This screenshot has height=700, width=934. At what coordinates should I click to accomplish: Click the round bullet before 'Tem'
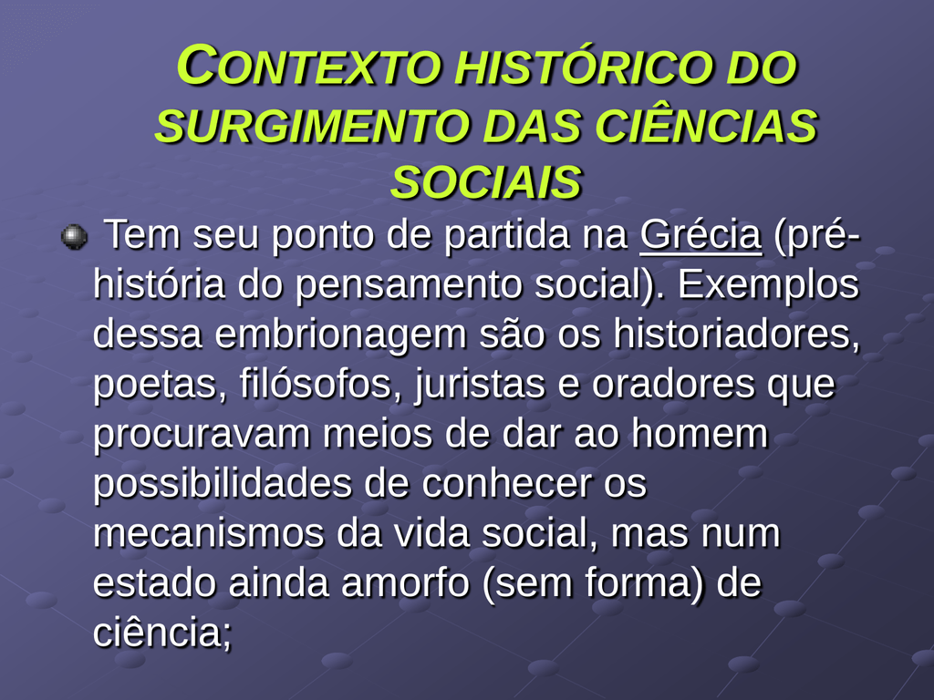74,237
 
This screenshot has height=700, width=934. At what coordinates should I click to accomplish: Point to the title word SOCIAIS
485,181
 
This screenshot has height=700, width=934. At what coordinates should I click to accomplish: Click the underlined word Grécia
700,234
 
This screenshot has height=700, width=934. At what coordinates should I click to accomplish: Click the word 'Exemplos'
768,284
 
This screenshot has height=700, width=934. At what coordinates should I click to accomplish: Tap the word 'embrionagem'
340,334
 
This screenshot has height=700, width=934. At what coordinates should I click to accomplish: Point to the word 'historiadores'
737,334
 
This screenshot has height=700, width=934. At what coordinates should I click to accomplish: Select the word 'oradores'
674,384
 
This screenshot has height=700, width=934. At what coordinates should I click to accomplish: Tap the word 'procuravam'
202,435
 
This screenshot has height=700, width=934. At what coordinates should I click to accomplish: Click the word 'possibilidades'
223,484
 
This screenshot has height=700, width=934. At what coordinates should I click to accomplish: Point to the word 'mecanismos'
209,532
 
